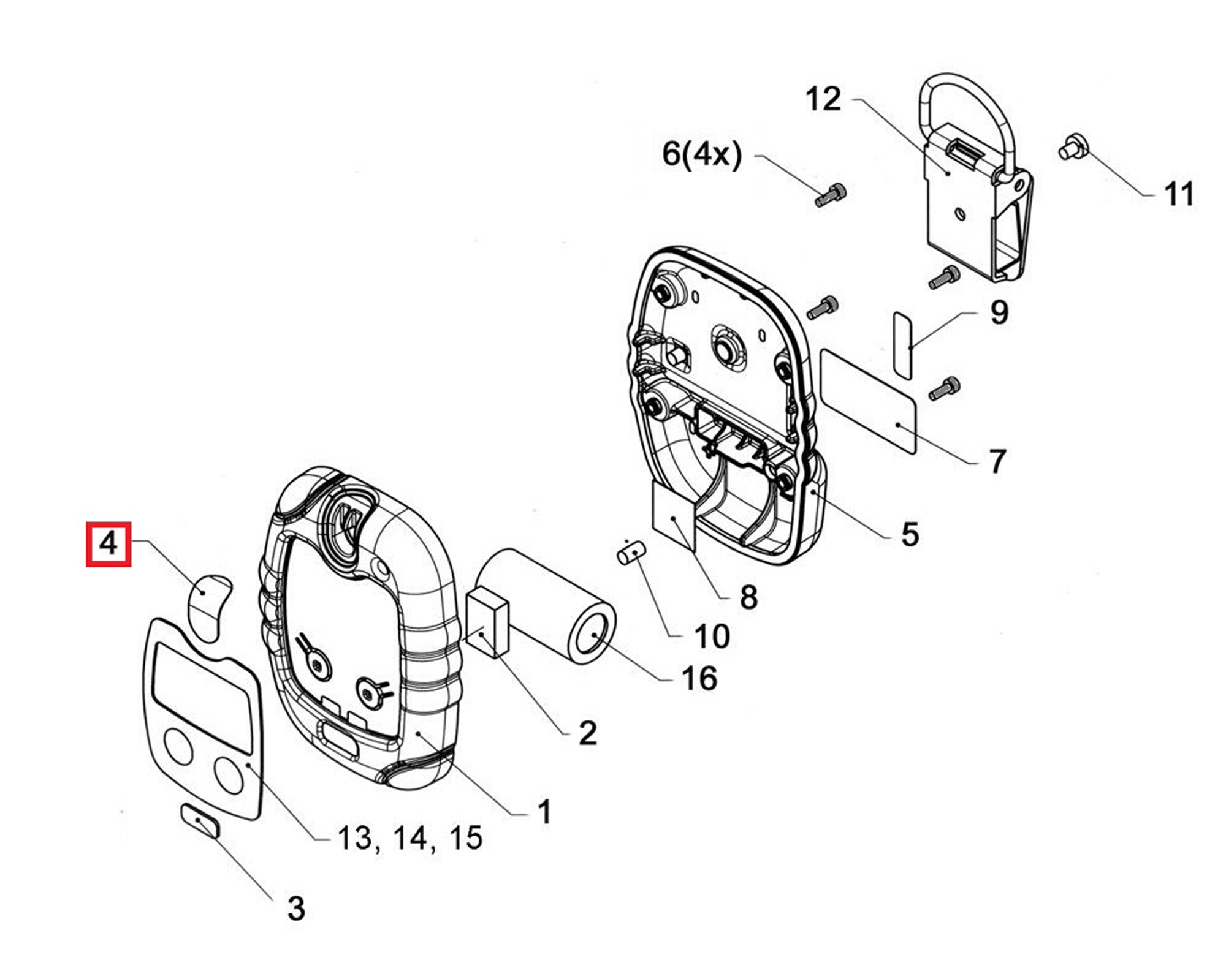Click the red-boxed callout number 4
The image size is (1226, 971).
pyautogui.click(x=109, y=543)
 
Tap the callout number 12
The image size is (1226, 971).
pyautogui.click(x=823, y=99)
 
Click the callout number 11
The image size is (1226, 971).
pyautogui.click(x=1178, y=194)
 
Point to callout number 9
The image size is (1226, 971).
pyautogui.click(x=999, y=312)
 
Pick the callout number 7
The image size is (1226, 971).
pyautogui.click(x=998, y=461)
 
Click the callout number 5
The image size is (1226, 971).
pyautogui.click(x=910, y=534)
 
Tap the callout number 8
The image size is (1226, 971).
pyautogui.click(x=748, y=597)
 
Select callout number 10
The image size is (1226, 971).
pyautogui.click(x=712, y=637)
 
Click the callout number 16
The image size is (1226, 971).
pyautogui.click(x=699, y=679)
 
